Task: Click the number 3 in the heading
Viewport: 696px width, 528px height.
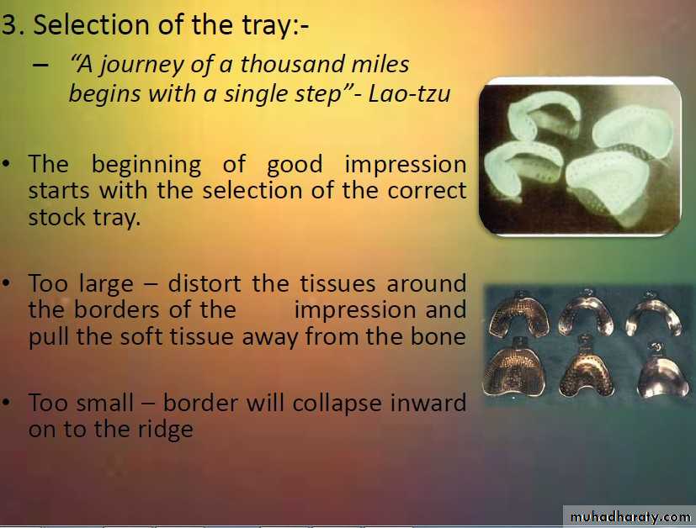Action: [9, 25]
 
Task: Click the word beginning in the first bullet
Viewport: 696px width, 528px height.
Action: [146, 165]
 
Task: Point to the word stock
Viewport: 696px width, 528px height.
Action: [57, 217]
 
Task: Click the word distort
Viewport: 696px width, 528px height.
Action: [205, 283]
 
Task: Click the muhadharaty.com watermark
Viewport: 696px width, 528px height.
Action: [630, 517]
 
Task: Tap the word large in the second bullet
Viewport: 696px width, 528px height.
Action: [107, 284]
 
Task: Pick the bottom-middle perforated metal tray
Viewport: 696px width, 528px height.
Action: [586, 368]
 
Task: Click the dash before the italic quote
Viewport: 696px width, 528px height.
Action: [40, 65]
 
